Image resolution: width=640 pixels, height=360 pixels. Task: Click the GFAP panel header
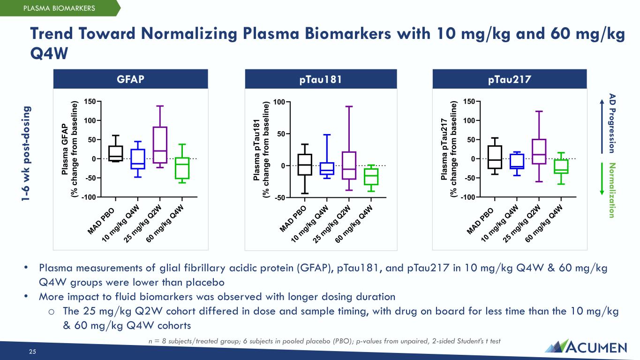click(x=130, y=79)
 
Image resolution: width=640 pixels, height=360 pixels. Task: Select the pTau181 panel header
click(x=321, y=79)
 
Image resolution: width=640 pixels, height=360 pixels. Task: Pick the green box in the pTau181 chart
click(x=372, y=177)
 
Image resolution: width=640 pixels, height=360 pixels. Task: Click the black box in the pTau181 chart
click(x=305, y=165)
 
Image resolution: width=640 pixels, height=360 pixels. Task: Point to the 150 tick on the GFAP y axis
click(x=90, y=101)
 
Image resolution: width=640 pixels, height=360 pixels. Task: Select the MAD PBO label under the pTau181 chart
click(x=293, y=218)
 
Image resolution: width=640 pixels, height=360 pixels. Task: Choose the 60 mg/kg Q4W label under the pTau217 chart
click(x=544, y=224)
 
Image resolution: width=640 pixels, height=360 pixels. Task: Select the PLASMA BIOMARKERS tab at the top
click(x=60, y=8)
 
